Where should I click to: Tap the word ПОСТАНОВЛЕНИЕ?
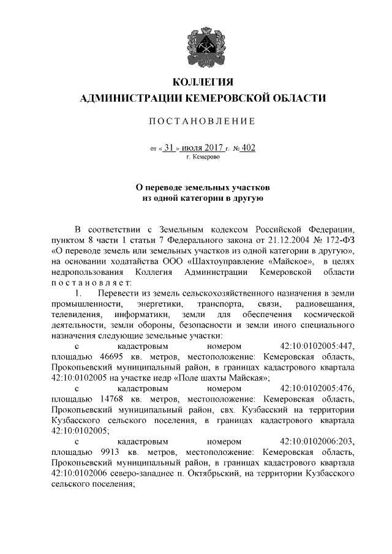point(202,122)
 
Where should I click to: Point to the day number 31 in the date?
point(170,148)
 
